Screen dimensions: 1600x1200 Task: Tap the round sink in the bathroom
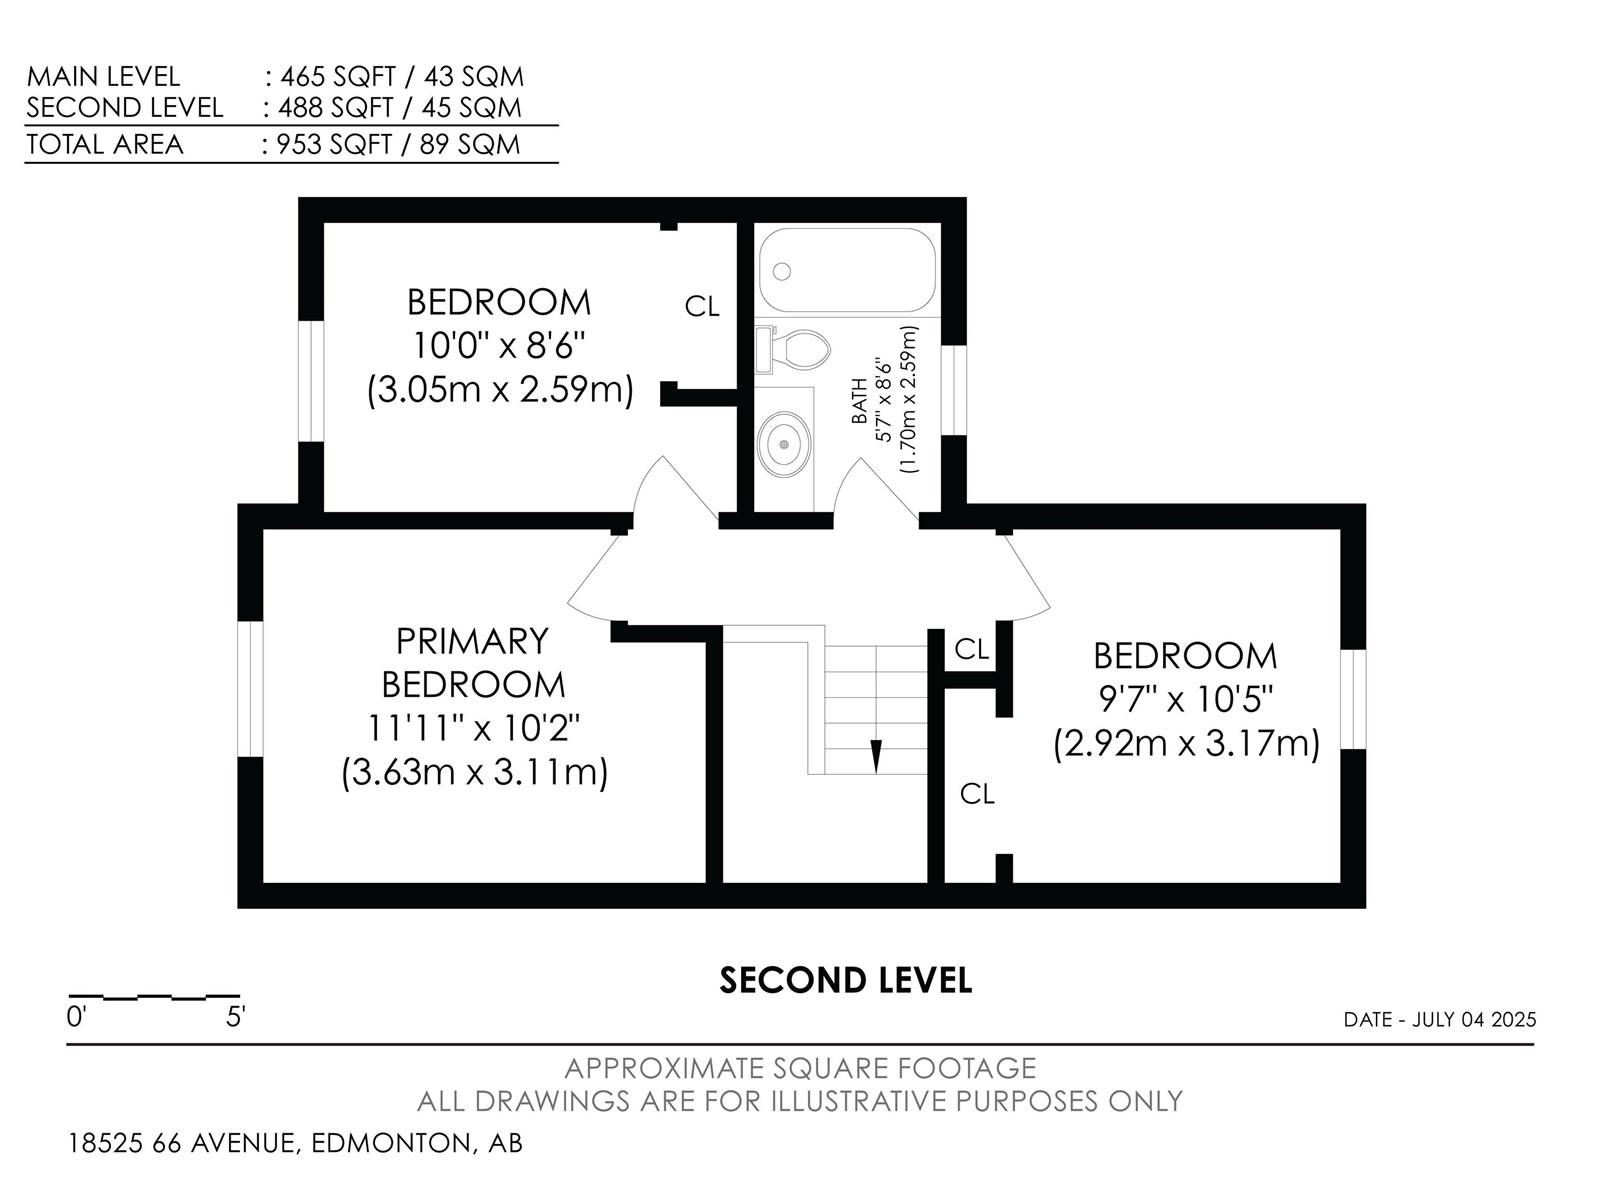coord(784,444)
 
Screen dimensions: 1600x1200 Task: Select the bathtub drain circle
coord(782,272)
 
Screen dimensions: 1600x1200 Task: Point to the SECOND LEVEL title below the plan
coord(846,981)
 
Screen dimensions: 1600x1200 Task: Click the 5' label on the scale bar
coord(235,1016)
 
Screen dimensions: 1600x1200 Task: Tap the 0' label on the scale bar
coord(77,1016)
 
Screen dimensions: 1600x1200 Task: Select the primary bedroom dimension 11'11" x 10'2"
coord(473,727)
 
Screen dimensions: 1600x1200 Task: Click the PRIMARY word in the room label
coord(472,641)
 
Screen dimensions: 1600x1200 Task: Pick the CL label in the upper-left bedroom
coord(702,307)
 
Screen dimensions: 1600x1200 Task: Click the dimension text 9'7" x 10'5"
coord(1186,699)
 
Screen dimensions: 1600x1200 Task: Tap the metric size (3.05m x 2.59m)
coord(500,390)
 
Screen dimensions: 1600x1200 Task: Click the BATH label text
coord(860,401)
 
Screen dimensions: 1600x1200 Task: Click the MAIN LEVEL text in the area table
coord(104,77)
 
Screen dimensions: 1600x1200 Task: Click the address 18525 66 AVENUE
coord(182,1142)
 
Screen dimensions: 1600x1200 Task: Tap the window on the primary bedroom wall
coord(250,689)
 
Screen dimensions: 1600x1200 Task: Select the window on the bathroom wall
coord(953,390)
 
